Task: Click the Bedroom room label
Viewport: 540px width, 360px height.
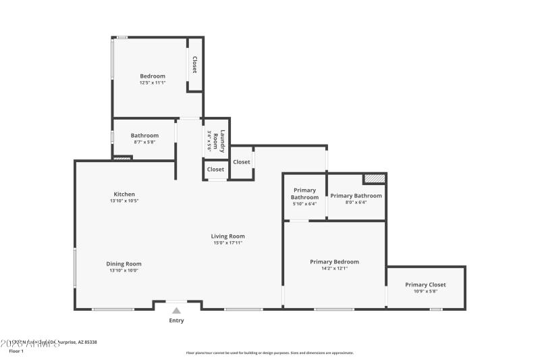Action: click(x=152, y=76)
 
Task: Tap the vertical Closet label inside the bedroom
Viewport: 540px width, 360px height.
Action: click(x=194, y=65)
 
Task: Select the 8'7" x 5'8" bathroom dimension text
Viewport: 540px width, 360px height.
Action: click(x=144, y=143)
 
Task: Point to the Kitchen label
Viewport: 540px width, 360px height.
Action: click(x=124, y=194)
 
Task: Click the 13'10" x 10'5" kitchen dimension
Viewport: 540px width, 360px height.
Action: click(x=124, y=201)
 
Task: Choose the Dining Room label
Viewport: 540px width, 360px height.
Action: click(x=124, y=264)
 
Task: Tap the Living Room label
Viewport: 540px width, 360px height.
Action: click(x=227, y=236)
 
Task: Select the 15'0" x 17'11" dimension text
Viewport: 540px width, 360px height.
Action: click(x=227, y=243)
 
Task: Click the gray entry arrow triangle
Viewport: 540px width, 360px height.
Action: click(x=176, y=311)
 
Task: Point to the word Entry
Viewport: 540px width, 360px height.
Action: click(x=176, y=321)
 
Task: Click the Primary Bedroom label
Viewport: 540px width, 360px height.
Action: click(x=334, y=261)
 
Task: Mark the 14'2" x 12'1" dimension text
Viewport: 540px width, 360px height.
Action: click(x=334, y=268)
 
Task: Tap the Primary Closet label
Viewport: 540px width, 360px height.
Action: click(x=425, y=284)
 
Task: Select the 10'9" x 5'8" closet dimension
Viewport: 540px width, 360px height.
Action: click(x=425, y=292)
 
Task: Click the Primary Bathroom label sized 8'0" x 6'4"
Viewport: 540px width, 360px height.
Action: click(x=356, y=196)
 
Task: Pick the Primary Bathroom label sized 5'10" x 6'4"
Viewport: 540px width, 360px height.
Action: click(x=304, y=195)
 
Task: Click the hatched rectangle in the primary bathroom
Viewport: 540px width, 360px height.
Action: click(x=374, y=179)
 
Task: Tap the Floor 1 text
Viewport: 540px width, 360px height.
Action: click(x=16, y=351)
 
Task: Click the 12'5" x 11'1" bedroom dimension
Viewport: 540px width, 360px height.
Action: click(x=152, y=82)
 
